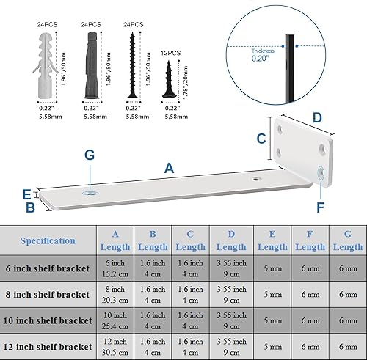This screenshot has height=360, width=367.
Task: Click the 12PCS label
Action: pos(170,54)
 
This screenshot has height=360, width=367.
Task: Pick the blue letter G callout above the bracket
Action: pos(89,155)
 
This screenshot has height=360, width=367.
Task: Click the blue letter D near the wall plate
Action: pos(317,117)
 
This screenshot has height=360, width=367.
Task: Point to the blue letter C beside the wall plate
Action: pos(261,138)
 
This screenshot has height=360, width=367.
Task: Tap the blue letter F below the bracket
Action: pos(320,207)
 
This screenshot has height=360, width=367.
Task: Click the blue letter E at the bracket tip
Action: pos(26,194)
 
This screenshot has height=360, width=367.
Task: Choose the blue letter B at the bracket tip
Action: pos(31,207)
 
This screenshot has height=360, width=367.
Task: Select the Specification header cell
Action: pos(48,240)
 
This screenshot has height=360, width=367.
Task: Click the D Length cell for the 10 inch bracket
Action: pos(232,320)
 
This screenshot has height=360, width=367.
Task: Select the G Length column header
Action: pos(347,240)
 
